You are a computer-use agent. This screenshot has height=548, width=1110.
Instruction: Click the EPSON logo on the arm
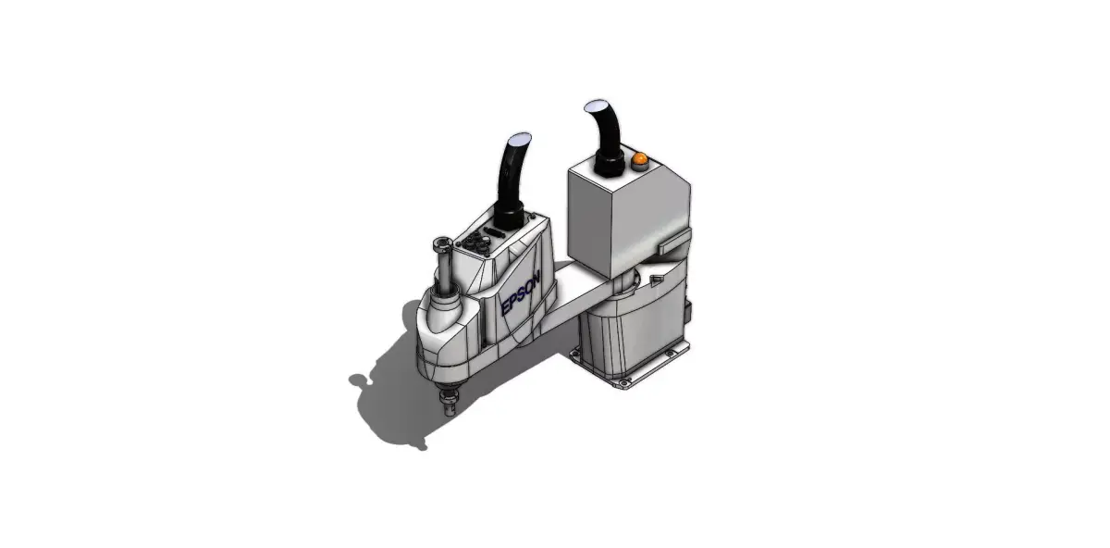pyautogui.click(x=521, y=295)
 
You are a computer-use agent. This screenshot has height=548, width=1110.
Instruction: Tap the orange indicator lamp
pyautogui.click(x=639, y=160)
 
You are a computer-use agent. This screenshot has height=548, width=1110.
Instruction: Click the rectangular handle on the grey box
pyautogui.click(x=675, y=242)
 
